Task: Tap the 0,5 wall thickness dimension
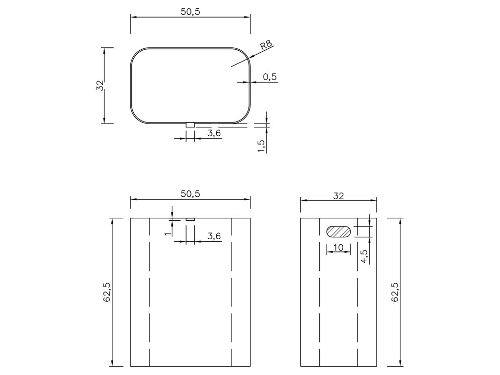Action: point(270,77)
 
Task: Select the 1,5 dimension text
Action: point(262,146)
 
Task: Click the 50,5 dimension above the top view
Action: point(190,12)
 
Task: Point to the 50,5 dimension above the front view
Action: point(190,194)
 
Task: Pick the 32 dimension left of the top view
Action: point(100,85)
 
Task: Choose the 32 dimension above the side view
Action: point(339,196)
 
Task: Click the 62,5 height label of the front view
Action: point(107,292)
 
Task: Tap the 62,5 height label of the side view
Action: point(395,292)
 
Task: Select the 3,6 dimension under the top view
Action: point(214,133)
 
